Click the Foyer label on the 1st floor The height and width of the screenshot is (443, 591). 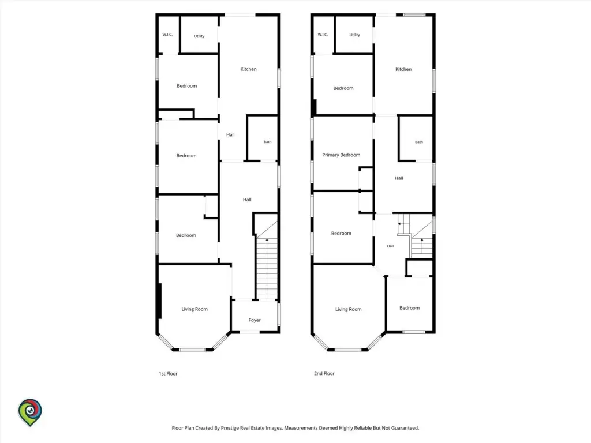click(x=255, y=320)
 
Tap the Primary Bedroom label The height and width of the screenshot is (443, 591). click(x=341, y=155)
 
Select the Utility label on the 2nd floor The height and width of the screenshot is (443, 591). click(x=354, y=35)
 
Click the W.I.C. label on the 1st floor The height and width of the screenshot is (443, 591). click(x=167, y=35)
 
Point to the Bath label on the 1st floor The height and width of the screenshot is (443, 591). click(x=267, y=142)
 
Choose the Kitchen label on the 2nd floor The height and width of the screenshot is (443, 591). click(x=403, y=69)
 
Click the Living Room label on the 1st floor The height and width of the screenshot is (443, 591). click(x=194, y=309)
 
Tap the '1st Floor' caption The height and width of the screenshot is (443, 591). click(x=168, y=374)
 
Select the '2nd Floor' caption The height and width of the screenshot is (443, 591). click(x=324, y=374)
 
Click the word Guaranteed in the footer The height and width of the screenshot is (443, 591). click(x=403, y=428)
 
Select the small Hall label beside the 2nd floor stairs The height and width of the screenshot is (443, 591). click(x=390, y=246)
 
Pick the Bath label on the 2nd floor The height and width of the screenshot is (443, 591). click(x=419, y=142)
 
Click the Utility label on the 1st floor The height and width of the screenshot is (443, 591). click(x=199, y=36)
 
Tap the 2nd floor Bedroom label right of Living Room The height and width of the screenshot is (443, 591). click(x=409, y=308)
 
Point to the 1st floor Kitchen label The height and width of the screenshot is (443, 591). click(x=248, y=69)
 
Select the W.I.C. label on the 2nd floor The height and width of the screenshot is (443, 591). click(x=323, y=35)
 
